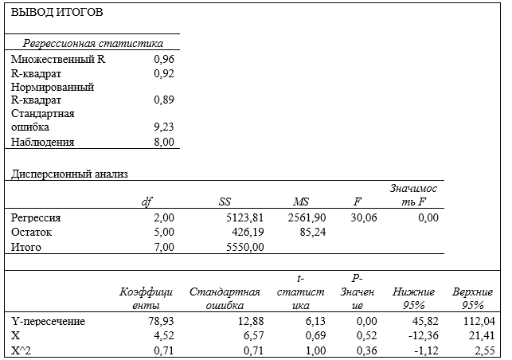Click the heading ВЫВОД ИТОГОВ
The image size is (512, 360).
click(57, 12)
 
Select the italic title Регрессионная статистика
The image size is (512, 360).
click(92, 43)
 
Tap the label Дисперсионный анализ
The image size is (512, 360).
click(69, 174)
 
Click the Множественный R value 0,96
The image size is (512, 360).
click(164, 59)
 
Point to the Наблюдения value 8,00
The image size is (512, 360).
click(164, 142)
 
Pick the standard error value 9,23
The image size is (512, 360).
click(164, 127)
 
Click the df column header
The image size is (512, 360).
click(147, 202)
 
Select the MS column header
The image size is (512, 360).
click(301, 202)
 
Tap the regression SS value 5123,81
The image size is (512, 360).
click(245, 217)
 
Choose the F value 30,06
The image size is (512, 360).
click(364, 217)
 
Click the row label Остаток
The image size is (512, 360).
click(31, 233)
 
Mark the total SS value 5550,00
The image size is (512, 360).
click(245, 247)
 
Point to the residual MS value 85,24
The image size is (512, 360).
click(313, 233)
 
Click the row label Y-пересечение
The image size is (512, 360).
click(48, 322)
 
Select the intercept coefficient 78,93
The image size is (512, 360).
click(161, 321)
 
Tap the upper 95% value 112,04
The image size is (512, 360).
click(479, 321)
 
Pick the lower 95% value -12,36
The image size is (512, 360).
click(424, 336)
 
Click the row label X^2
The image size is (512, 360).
click(21, 350)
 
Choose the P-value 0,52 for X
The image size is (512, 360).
click(367, 336)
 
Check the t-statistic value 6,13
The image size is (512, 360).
click(315, 321)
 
